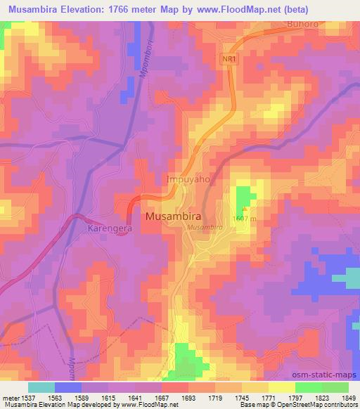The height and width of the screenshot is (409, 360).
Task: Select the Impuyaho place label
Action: (188, 179)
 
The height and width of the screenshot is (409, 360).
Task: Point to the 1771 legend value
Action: (268, 398)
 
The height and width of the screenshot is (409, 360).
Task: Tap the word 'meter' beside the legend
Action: (9, 398)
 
